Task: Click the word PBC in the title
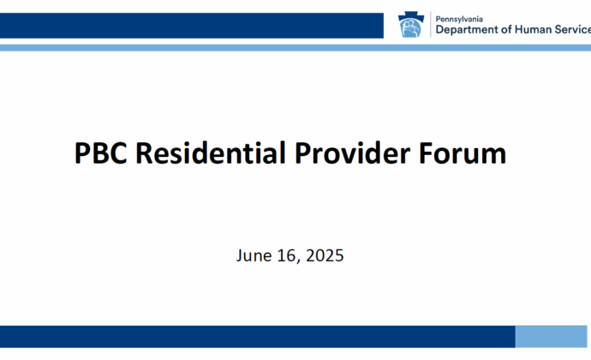pyautogui.click(x=100, y=153)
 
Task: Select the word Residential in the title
pyautogui.click(x=211, y=153)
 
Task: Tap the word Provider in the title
pyautogui.click(x=352, y=153)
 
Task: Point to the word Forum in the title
pyautogui.click(x=463, y=153)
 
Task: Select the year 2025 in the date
pyautogui.click(x=325, y=255)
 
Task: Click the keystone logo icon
pyautogui.click(x=411, y=25)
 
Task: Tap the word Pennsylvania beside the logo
pyautogui.click(x=459, y=19)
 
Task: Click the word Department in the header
pyautogui.click(x=467, y=30)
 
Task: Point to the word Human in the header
pyautogui.click(x=533, y=29)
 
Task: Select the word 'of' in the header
pyautogui.click(x=506, y=29)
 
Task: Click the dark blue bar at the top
pyautogui.click(x=192, y=26)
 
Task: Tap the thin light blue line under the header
pyautogui.click(x=295, y=47)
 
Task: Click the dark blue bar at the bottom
pyautogui.click(x=258, y=337)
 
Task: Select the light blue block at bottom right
pyautogui.click(x=551, y=337)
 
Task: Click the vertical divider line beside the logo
pyautogui.click(x=431, y=25)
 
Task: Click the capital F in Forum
pyautogui.click(x=426, y=153)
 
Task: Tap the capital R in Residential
pyautogui.click(x=144, y=153)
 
